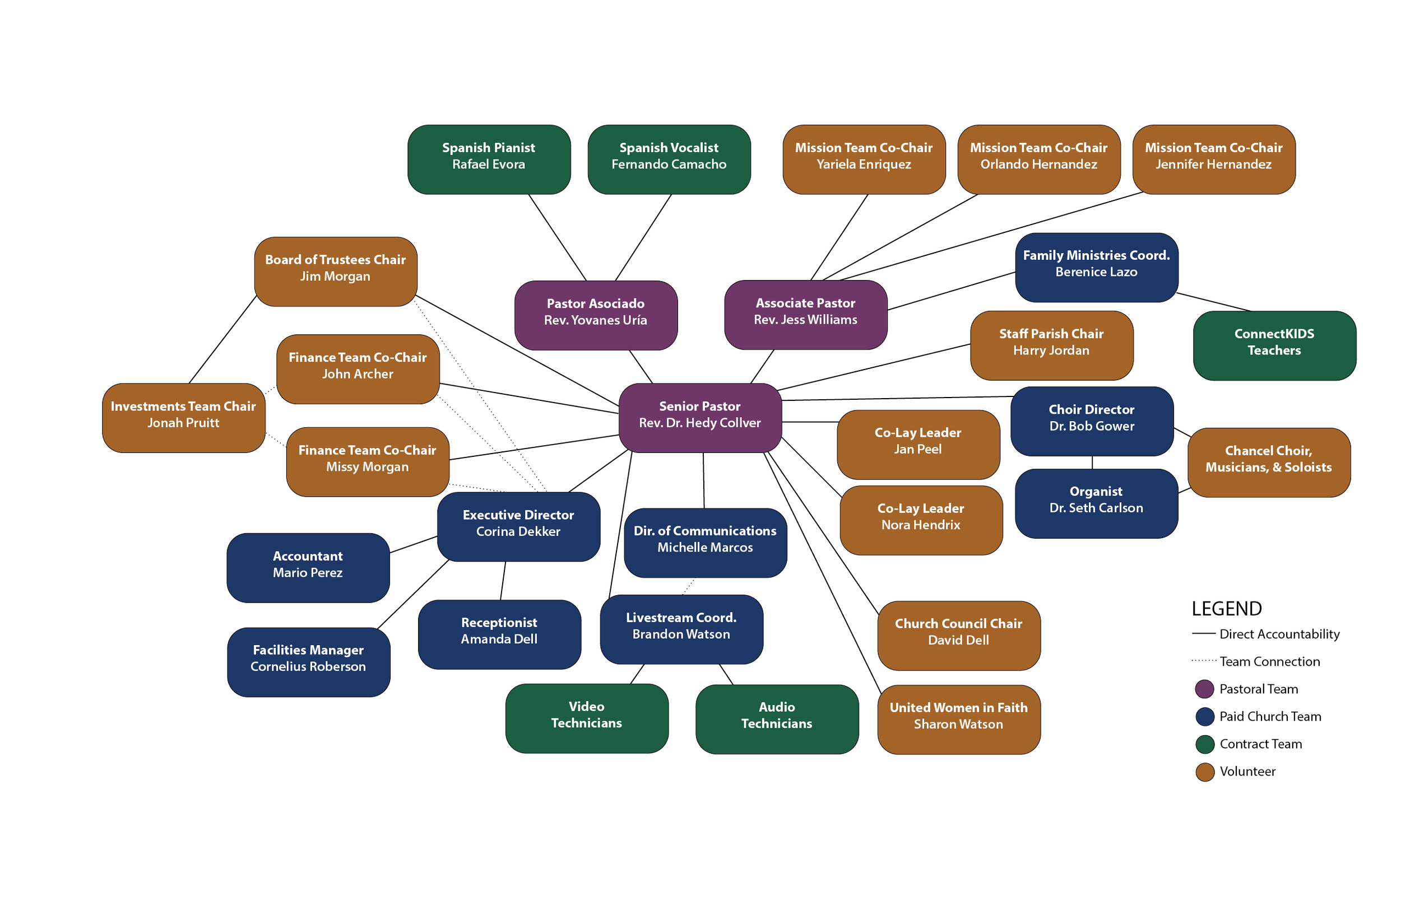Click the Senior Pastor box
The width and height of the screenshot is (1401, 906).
click(x=700, y=418)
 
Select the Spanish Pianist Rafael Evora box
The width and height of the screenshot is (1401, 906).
click(x=489, y=160)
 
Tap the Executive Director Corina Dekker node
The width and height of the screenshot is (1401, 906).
click(x=518, y=526)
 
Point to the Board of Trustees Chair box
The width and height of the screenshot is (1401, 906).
click(x=336, y=271)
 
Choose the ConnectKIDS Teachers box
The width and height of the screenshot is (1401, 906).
click(x=1274, y=345)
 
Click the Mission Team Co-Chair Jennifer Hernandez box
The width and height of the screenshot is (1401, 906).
click(x=1213, y=160)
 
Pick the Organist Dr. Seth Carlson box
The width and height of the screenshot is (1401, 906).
click(x=1096, y=503)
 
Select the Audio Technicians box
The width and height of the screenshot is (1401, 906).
click(x=777, y=718)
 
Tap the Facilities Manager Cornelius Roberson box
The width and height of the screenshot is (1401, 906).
click(x=308, y=662)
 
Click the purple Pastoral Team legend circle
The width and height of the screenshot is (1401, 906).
click(x=1204, y=689)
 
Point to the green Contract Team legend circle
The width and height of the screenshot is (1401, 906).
click(x=1204, y=744)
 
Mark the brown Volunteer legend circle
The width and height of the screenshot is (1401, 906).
click(x=1204, y=772)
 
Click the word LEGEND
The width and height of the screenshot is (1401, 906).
click(x=1226, y=609)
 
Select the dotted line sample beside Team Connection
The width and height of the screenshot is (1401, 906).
click(x=1203, y=661)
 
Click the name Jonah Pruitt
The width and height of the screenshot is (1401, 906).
click(x=183, y=423)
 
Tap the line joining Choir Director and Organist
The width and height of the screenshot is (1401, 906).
click(x=1093, y=463)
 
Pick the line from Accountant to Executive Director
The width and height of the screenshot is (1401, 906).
click(x=413, y=544)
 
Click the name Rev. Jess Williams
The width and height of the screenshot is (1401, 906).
click(x=805, y=320)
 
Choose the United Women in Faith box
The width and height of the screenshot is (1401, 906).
click(x=958, y=719)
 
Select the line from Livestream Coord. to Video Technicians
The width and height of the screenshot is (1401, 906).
click(x=637, y=674)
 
